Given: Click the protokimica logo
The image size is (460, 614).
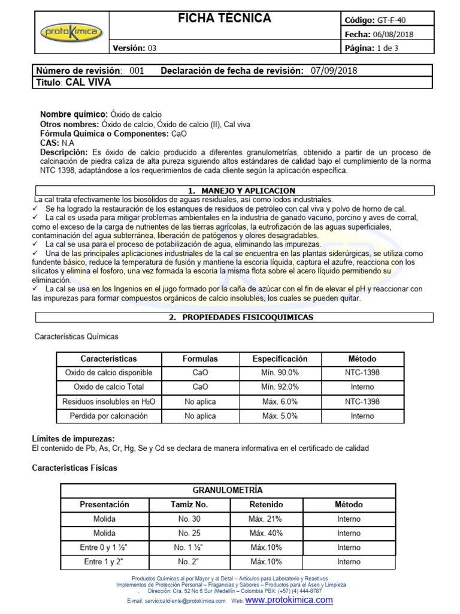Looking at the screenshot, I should pos(71,32).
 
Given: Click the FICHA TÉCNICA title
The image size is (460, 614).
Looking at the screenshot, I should pos(225,19).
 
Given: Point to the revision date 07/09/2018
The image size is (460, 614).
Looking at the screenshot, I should pos(334,71).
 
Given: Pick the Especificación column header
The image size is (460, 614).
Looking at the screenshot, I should pos(280,359).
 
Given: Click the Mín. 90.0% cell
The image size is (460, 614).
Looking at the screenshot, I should pos(280,372).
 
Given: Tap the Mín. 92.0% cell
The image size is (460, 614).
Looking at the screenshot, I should pos(280,387).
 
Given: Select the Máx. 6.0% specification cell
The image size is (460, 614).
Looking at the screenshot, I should pos(280,401).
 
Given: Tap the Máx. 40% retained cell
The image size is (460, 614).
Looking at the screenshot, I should pos(265,533).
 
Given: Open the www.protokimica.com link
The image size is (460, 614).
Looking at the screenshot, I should pos(289,600).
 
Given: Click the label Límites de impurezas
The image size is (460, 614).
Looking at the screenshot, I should pos(72,439).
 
